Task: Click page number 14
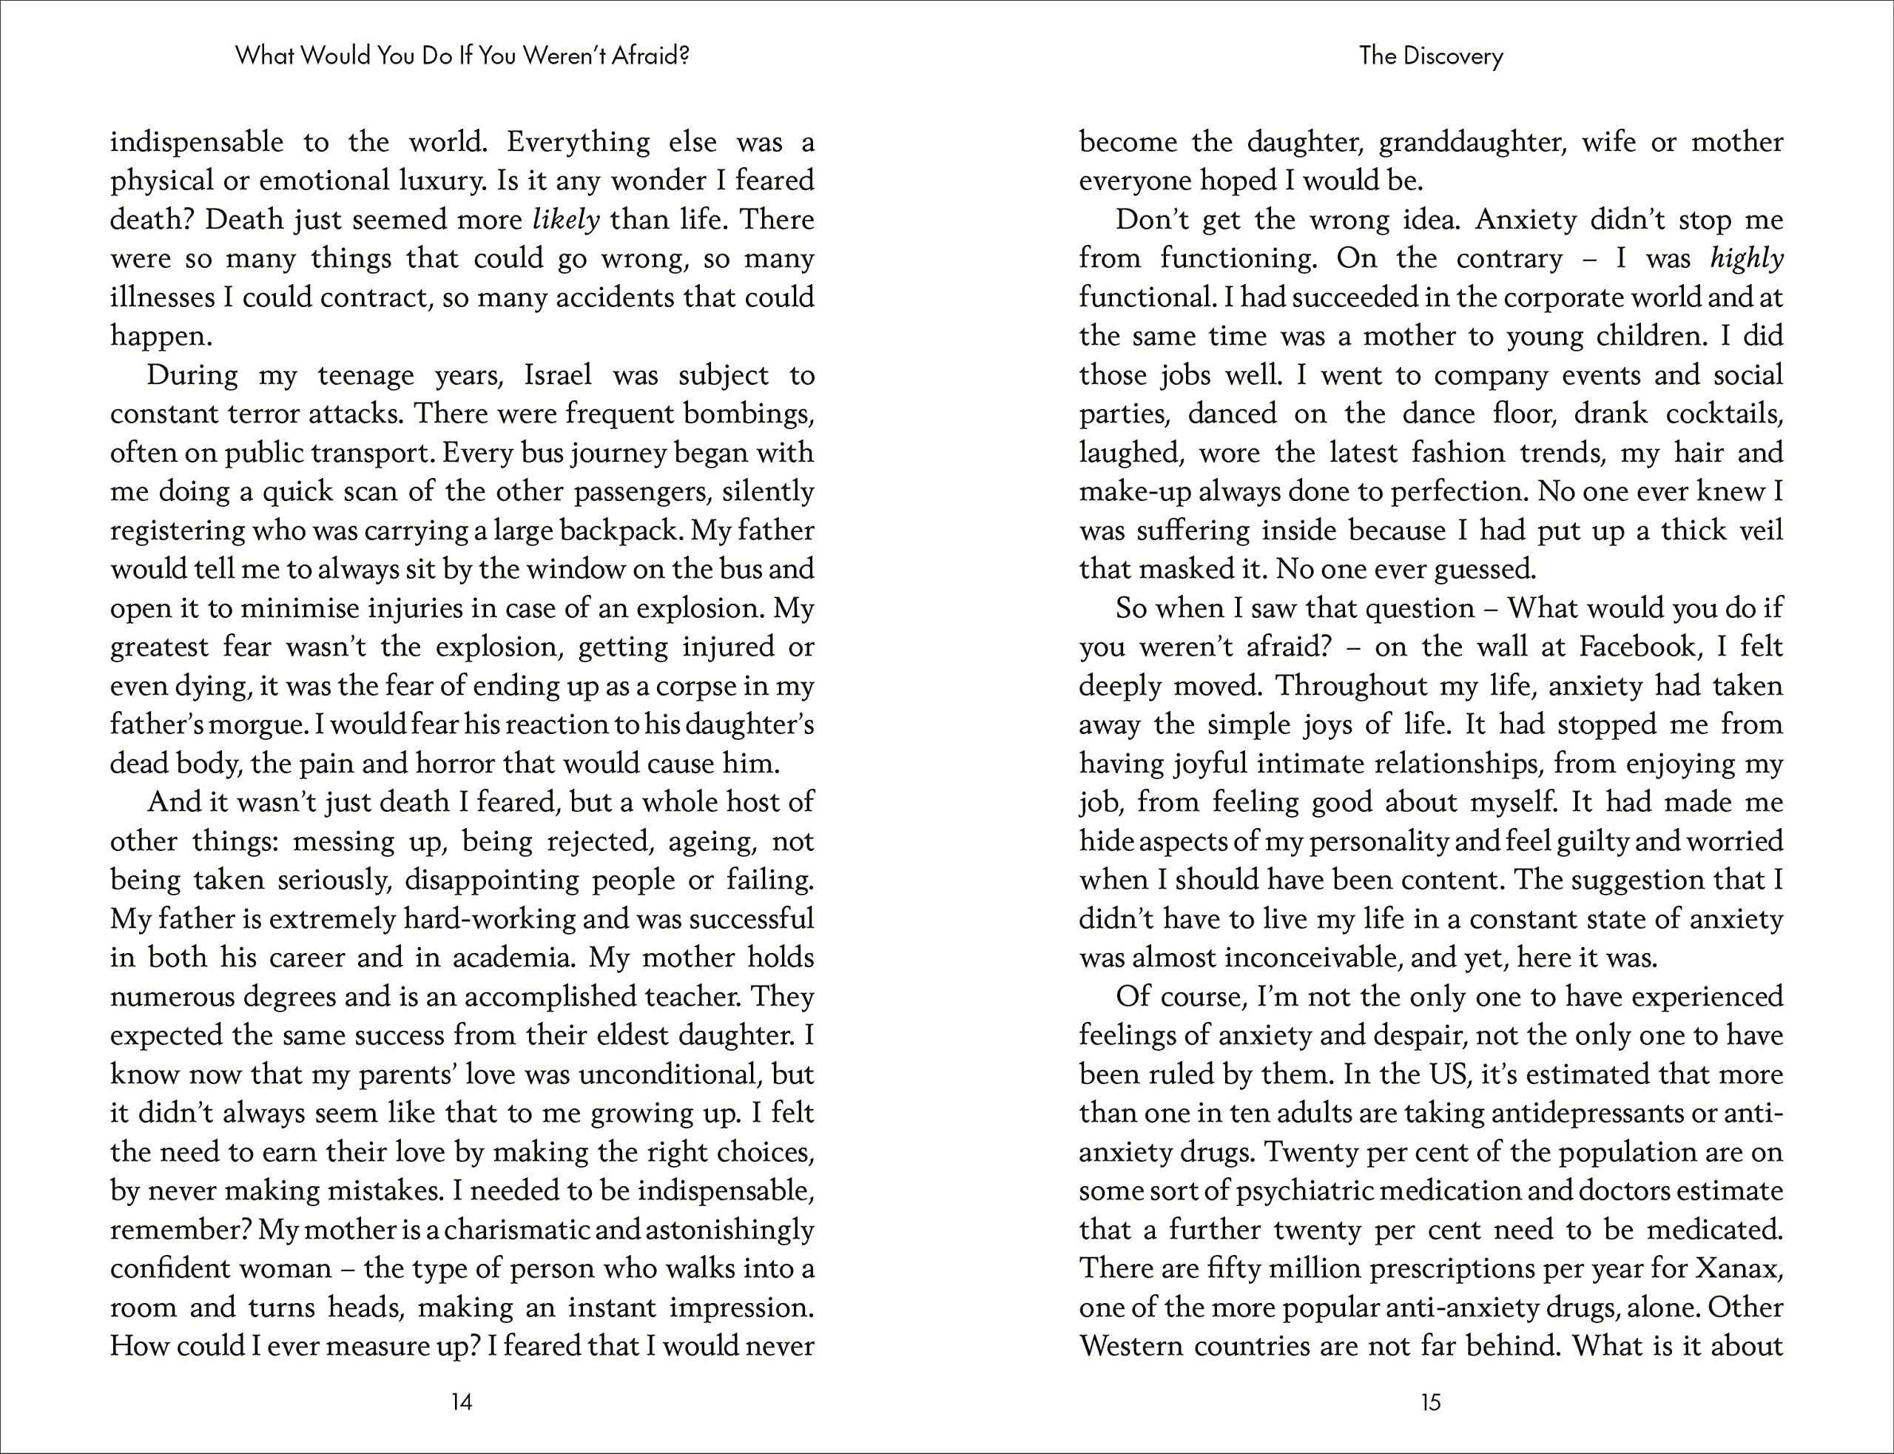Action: [x=462, y=1402]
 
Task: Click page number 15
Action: [x=1431, y=1402]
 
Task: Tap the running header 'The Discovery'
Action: [x=1431, y=56]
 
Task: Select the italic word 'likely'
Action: [x=566, y=220]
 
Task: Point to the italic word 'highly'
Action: [x=1747, y=259]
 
